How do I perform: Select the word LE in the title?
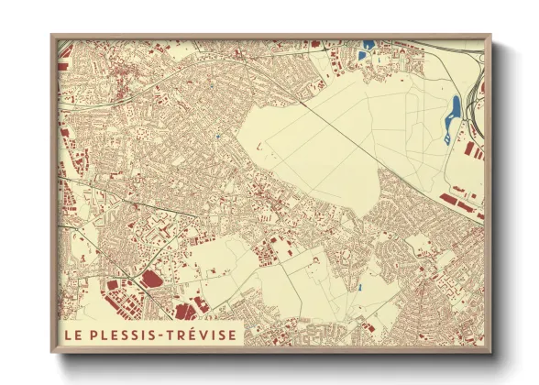(x=71, y=335)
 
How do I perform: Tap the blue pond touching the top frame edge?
(x=368, y=44)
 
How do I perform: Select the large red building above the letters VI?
(x=195, y=306)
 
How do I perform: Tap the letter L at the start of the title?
(x=66, y=335)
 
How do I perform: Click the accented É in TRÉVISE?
(x=189, y=335)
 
